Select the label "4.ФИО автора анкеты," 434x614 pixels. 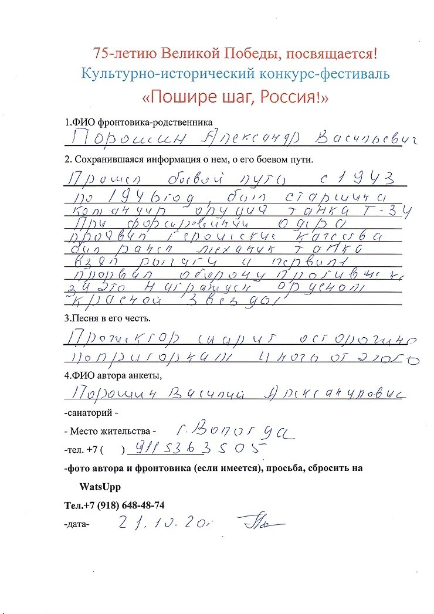pyautogui.click(x=113, y=376)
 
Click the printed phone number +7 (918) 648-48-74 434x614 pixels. pyautogui.click(x=114, y=505)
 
